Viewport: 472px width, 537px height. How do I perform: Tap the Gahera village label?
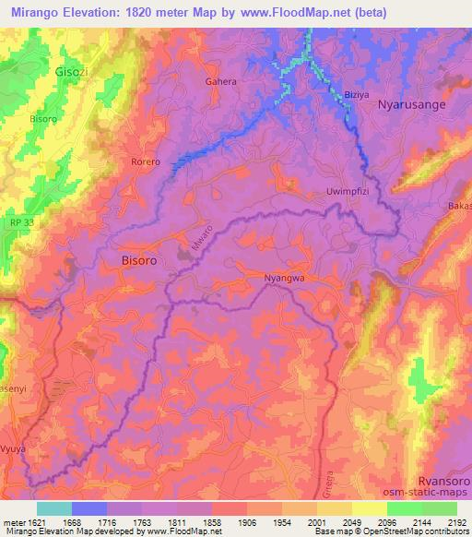tap(221, 81)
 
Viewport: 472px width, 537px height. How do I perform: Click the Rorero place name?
tap(145, 161)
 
